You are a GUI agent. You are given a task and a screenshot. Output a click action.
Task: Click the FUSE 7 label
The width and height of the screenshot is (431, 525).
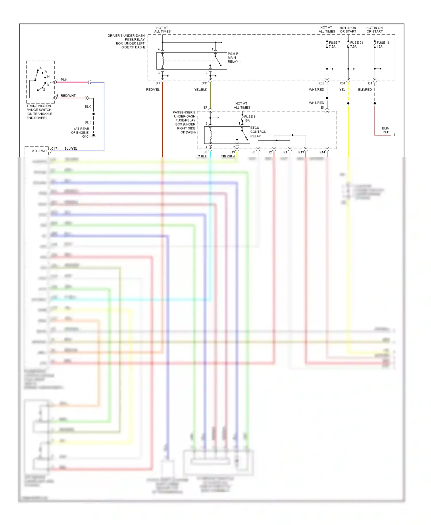334,43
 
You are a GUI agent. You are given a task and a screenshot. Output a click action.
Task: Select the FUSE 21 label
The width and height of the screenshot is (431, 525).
356,43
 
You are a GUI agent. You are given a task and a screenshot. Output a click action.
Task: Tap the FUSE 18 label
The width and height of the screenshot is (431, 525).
383,43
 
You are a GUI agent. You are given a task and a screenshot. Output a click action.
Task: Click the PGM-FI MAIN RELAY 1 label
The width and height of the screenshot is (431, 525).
234,58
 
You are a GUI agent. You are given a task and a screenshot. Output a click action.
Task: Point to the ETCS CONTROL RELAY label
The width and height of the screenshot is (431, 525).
258,132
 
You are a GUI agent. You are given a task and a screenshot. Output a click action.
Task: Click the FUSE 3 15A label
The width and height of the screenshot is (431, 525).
249,118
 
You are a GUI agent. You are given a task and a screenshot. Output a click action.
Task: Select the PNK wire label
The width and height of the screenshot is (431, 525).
64,80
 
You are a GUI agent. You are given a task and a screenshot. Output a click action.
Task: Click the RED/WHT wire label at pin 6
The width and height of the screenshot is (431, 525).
68,96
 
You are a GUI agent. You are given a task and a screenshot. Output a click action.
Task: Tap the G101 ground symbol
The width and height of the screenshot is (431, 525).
93,136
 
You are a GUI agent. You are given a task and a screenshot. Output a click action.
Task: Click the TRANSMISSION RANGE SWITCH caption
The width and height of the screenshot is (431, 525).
39,112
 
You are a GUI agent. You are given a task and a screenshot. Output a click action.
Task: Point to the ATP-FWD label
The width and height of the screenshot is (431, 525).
39,151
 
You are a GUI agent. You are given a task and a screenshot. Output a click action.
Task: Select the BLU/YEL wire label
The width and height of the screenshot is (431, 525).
71,148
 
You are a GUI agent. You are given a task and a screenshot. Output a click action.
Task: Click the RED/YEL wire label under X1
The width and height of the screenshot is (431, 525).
153,90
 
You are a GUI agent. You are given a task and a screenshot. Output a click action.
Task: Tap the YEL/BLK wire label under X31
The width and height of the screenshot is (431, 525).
201,90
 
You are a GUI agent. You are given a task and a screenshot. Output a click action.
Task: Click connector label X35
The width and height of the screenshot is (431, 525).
321,83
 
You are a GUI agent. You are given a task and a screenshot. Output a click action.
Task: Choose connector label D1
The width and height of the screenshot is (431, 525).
370,83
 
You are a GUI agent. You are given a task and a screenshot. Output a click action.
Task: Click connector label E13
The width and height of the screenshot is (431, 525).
301,152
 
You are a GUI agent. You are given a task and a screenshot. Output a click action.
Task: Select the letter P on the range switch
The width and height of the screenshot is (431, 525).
41,69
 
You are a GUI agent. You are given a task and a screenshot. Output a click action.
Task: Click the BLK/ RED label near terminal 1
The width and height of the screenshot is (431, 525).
386,130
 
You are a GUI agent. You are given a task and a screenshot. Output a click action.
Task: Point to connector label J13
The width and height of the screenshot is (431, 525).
232,152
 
